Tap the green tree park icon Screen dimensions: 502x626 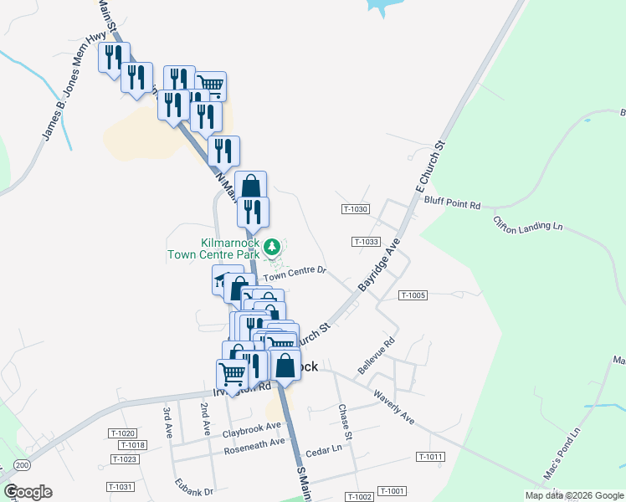click(x=271, y=247)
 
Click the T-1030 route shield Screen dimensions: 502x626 click(x=355, y=208)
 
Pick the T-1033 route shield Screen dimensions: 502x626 click(x=366, y=242)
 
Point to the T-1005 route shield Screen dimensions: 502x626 click(x=413, y=295)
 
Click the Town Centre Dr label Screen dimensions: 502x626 click(x=294, y=274)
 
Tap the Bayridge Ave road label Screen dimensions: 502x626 click(x=380, y=264)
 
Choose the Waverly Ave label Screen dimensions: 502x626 click(x=394, y=406)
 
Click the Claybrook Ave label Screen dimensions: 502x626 click(x=252, y=429)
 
